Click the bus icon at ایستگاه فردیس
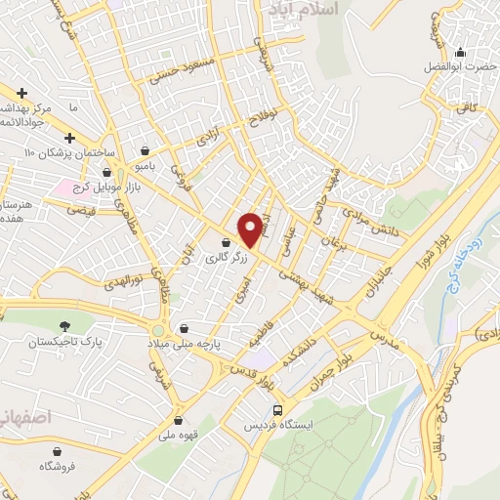point(279,410)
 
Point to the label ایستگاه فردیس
point(279,427)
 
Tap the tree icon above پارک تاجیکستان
point(64,325)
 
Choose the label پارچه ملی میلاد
point(186,344)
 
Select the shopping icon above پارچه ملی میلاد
point(185,328)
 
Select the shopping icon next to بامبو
point(146,151)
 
